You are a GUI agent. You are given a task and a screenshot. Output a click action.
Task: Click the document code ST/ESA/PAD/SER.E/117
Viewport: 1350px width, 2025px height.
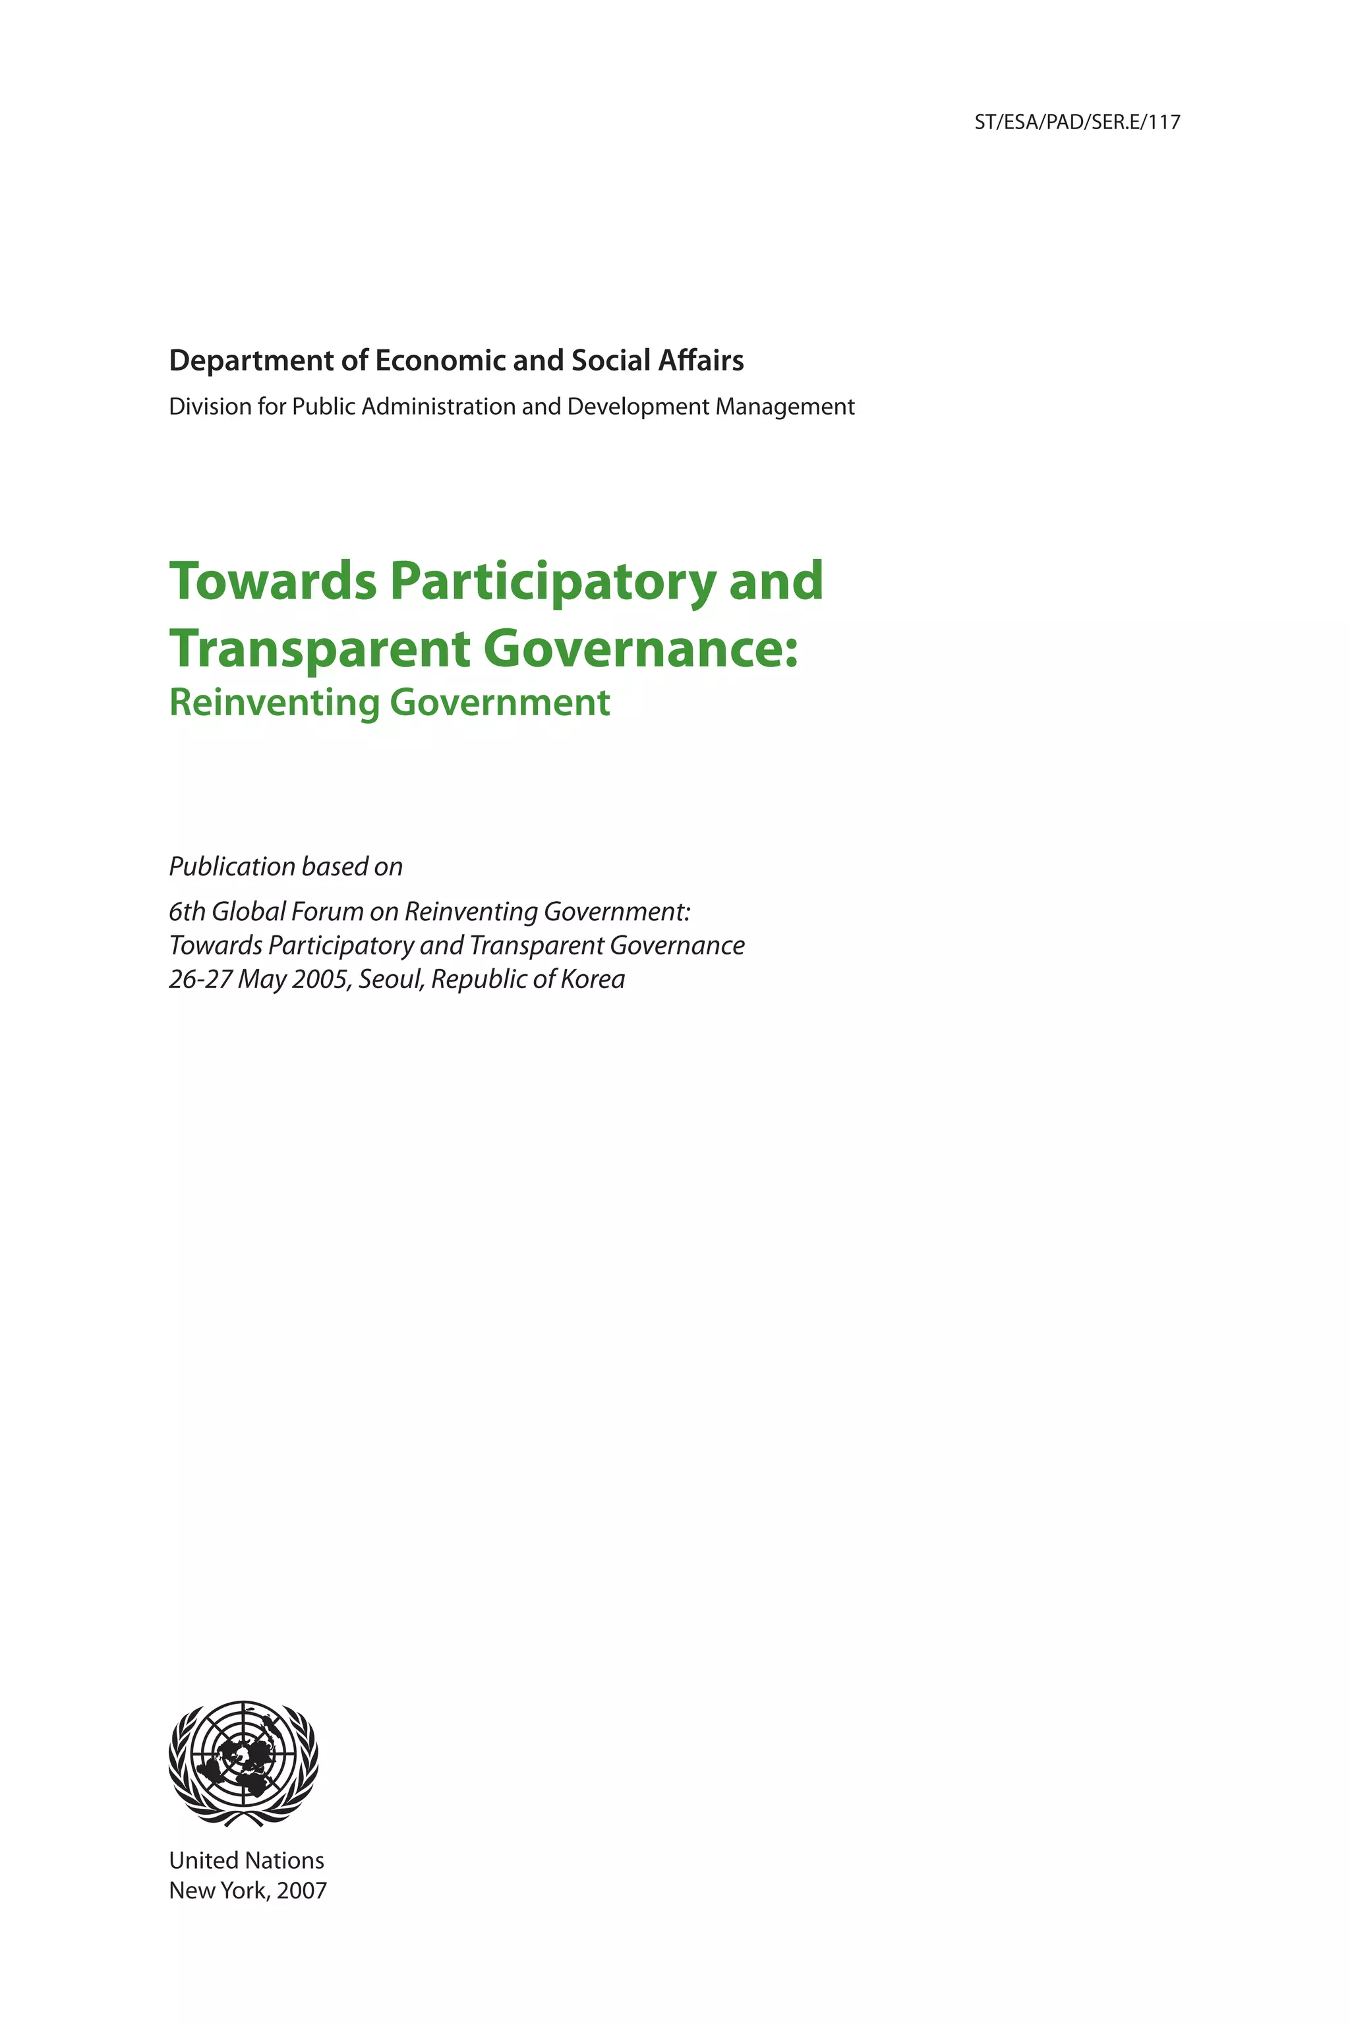(x=1076, y=122)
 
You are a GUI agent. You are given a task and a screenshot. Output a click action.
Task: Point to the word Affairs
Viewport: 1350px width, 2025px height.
(x=701, y=361)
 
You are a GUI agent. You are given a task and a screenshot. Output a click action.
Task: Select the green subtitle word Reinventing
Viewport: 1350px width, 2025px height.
(x=274, y=703)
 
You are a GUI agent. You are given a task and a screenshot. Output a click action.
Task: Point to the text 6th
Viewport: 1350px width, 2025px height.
(x=186, y=912)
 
